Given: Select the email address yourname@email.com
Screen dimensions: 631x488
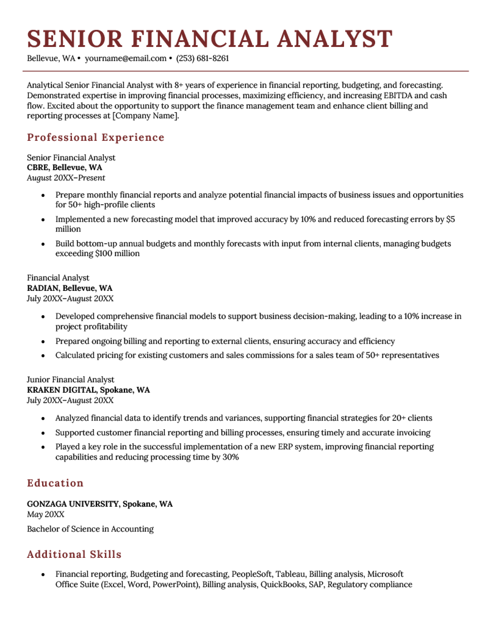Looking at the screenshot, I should tap(126, 58).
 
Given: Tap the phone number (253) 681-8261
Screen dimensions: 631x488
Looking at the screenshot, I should tap(203, 58).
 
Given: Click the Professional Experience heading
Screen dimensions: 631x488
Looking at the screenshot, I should tap(95, 137).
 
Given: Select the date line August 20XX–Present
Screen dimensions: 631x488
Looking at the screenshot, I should tap(66, 178).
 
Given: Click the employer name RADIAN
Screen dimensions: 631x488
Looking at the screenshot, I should tap(43, 288).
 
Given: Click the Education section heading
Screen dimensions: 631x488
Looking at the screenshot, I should tap(55, 483).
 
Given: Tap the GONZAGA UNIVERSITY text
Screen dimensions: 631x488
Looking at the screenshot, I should tap(73, 504).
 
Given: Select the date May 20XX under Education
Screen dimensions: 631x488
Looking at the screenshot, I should tap(45, 515).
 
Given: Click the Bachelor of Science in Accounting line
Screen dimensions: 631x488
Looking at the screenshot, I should tap(90, 529).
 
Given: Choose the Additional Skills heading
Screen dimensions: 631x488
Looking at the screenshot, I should tap(74, 554).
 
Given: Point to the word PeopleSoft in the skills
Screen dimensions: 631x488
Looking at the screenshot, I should tap(252, 574).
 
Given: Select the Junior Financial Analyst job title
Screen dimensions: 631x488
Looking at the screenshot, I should tap(70, 380).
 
